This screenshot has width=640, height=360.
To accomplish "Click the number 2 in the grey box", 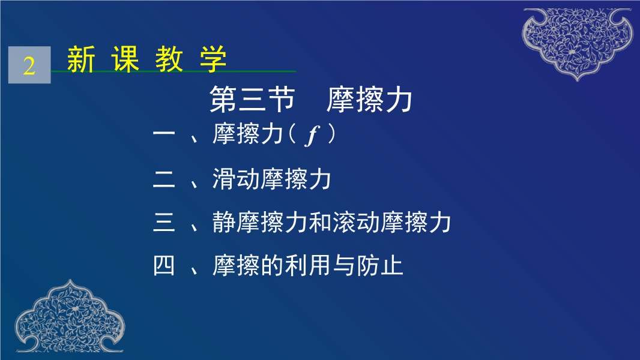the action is (x=29, y=65).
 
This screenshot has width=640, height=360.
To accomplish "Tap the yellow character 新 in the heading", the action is (x=81, y=59).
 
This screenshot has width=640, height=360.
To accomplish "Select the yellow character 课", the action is (x=125, y=59).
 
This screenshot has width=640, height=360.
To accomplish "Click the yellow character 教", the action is (x=169, y=59).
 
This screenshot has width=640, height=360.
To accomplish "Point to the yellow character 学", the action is (x=213, y=59).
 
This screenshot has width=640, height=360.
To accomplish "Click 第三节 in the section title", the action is (x=252, y=100).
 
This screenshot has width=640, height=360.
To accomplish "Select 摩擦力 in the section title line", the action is (x=369, y=100).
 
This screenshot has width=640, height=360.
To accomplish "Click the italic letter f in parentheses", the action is (x=312, y=135).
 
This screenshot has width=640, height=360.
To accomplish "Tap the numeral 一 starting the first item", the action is (x=164, y=133).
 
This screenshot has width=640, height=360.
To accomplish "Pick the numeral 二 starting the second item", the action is (x=164, y=179).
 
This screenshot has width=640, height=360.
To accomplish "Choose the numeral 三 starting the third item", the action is (x=164, y=222).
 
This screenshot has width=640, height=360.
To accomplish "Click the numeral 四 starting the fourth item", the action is (x=164, y=265).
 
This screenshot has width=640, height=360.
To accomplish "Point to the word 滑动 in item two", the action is (x=236, y=179).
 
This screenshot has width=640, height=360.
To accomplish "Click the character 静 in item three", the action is (x=224, y=222).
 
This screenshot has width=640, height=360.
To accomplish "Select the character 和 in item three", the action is (x=320, y=222).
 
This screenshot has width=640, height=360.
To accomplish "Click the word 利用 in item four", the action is (x=307, y=265).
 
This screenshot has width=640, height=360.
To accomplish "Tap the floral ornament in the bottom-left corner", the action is (x=70, y=316).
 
